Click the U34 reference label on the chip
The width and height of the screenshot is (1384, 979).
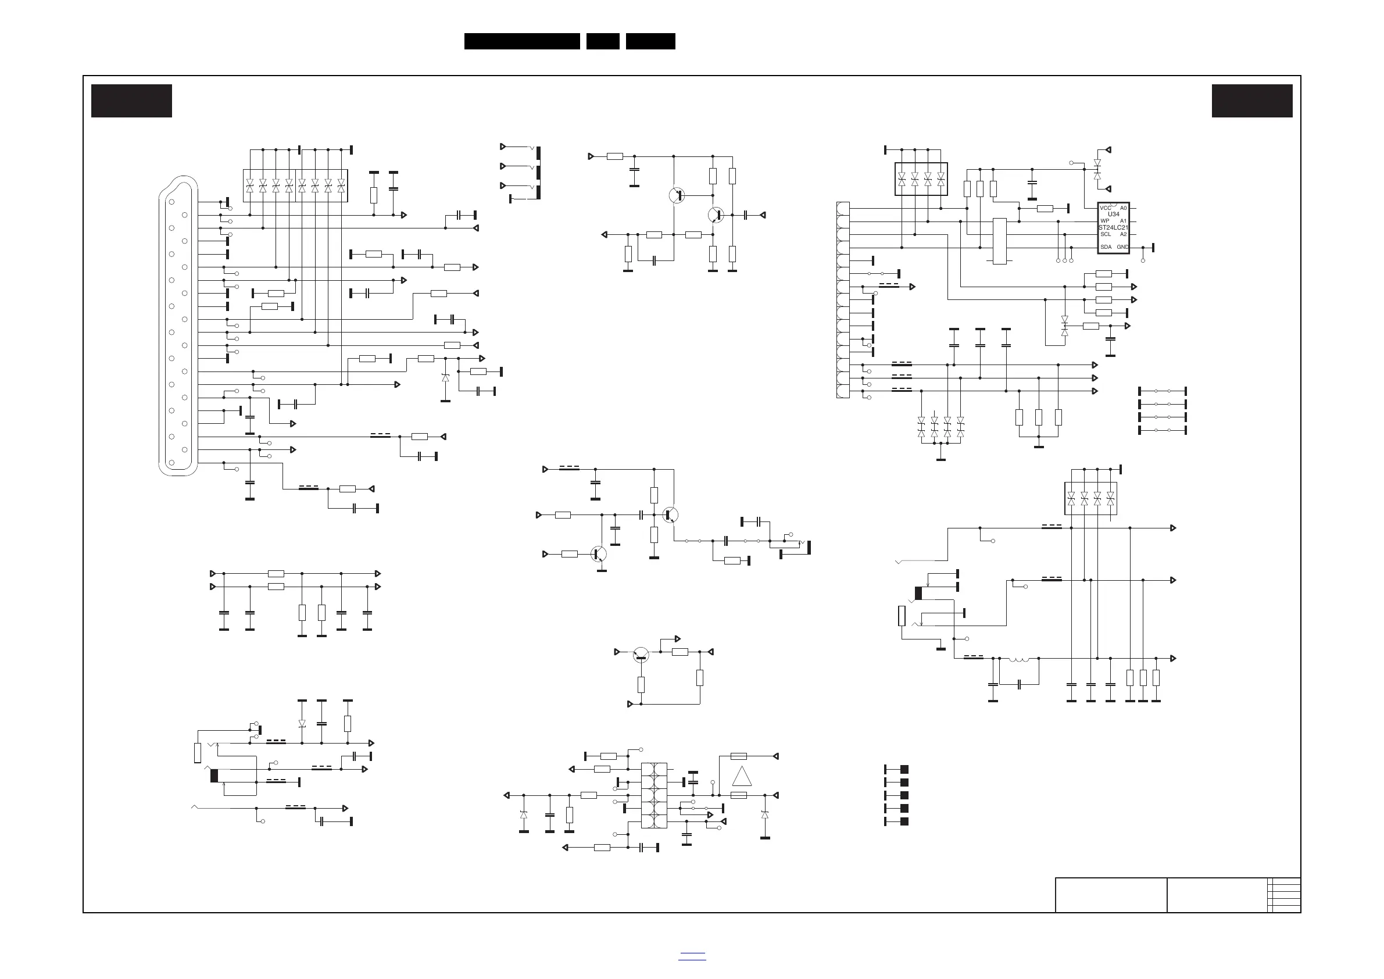click(1113, 215)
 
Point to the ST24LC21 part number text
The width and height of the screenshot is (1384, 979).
click(1113, 228)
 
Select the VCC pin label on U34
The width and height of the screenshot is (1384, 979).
click(1105, 208)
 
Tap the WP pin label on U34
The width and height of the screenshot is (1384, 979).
click(1104, 221)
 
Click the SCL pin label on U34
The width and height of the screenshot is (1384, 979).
click(1106, 234)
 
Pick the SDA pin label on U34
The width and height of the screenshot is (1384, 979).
click(1106, 247)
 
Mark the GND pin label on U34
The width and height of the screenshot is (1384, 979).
click(1122, 247)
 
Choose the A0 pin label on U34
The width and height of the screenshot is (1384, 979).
click(1123, 208)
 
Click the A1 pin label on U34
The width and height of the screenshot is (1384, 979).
click(1123, 221)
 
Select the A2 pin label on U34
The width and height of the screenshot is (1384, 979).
click(1123, 234)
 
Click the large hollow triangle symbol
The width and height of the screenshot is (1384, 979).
click(742, 776)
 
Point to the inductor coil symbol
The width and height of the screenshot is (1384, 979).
click(1019, 659)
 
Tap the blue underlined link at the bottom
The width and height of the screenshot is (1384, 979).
click(692, 956)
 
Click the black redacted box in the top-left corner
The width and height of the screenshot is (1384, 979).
click(131, 101)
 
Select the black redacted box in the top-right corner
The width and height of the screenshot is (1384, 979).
click(1252, 101)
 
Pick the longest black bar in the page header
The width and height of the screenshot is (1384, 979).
click(522, 41)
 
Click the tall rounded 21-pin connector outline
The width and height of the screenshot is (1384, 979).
click(178, 326)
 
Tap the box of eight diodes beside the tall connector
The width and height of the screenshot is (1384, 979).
click(295, 185)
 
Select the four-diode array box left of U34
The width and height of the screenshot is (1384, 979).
click(921, 179)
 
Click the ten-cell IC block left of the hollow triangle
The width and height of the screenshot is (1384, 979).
click(654, 795)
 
